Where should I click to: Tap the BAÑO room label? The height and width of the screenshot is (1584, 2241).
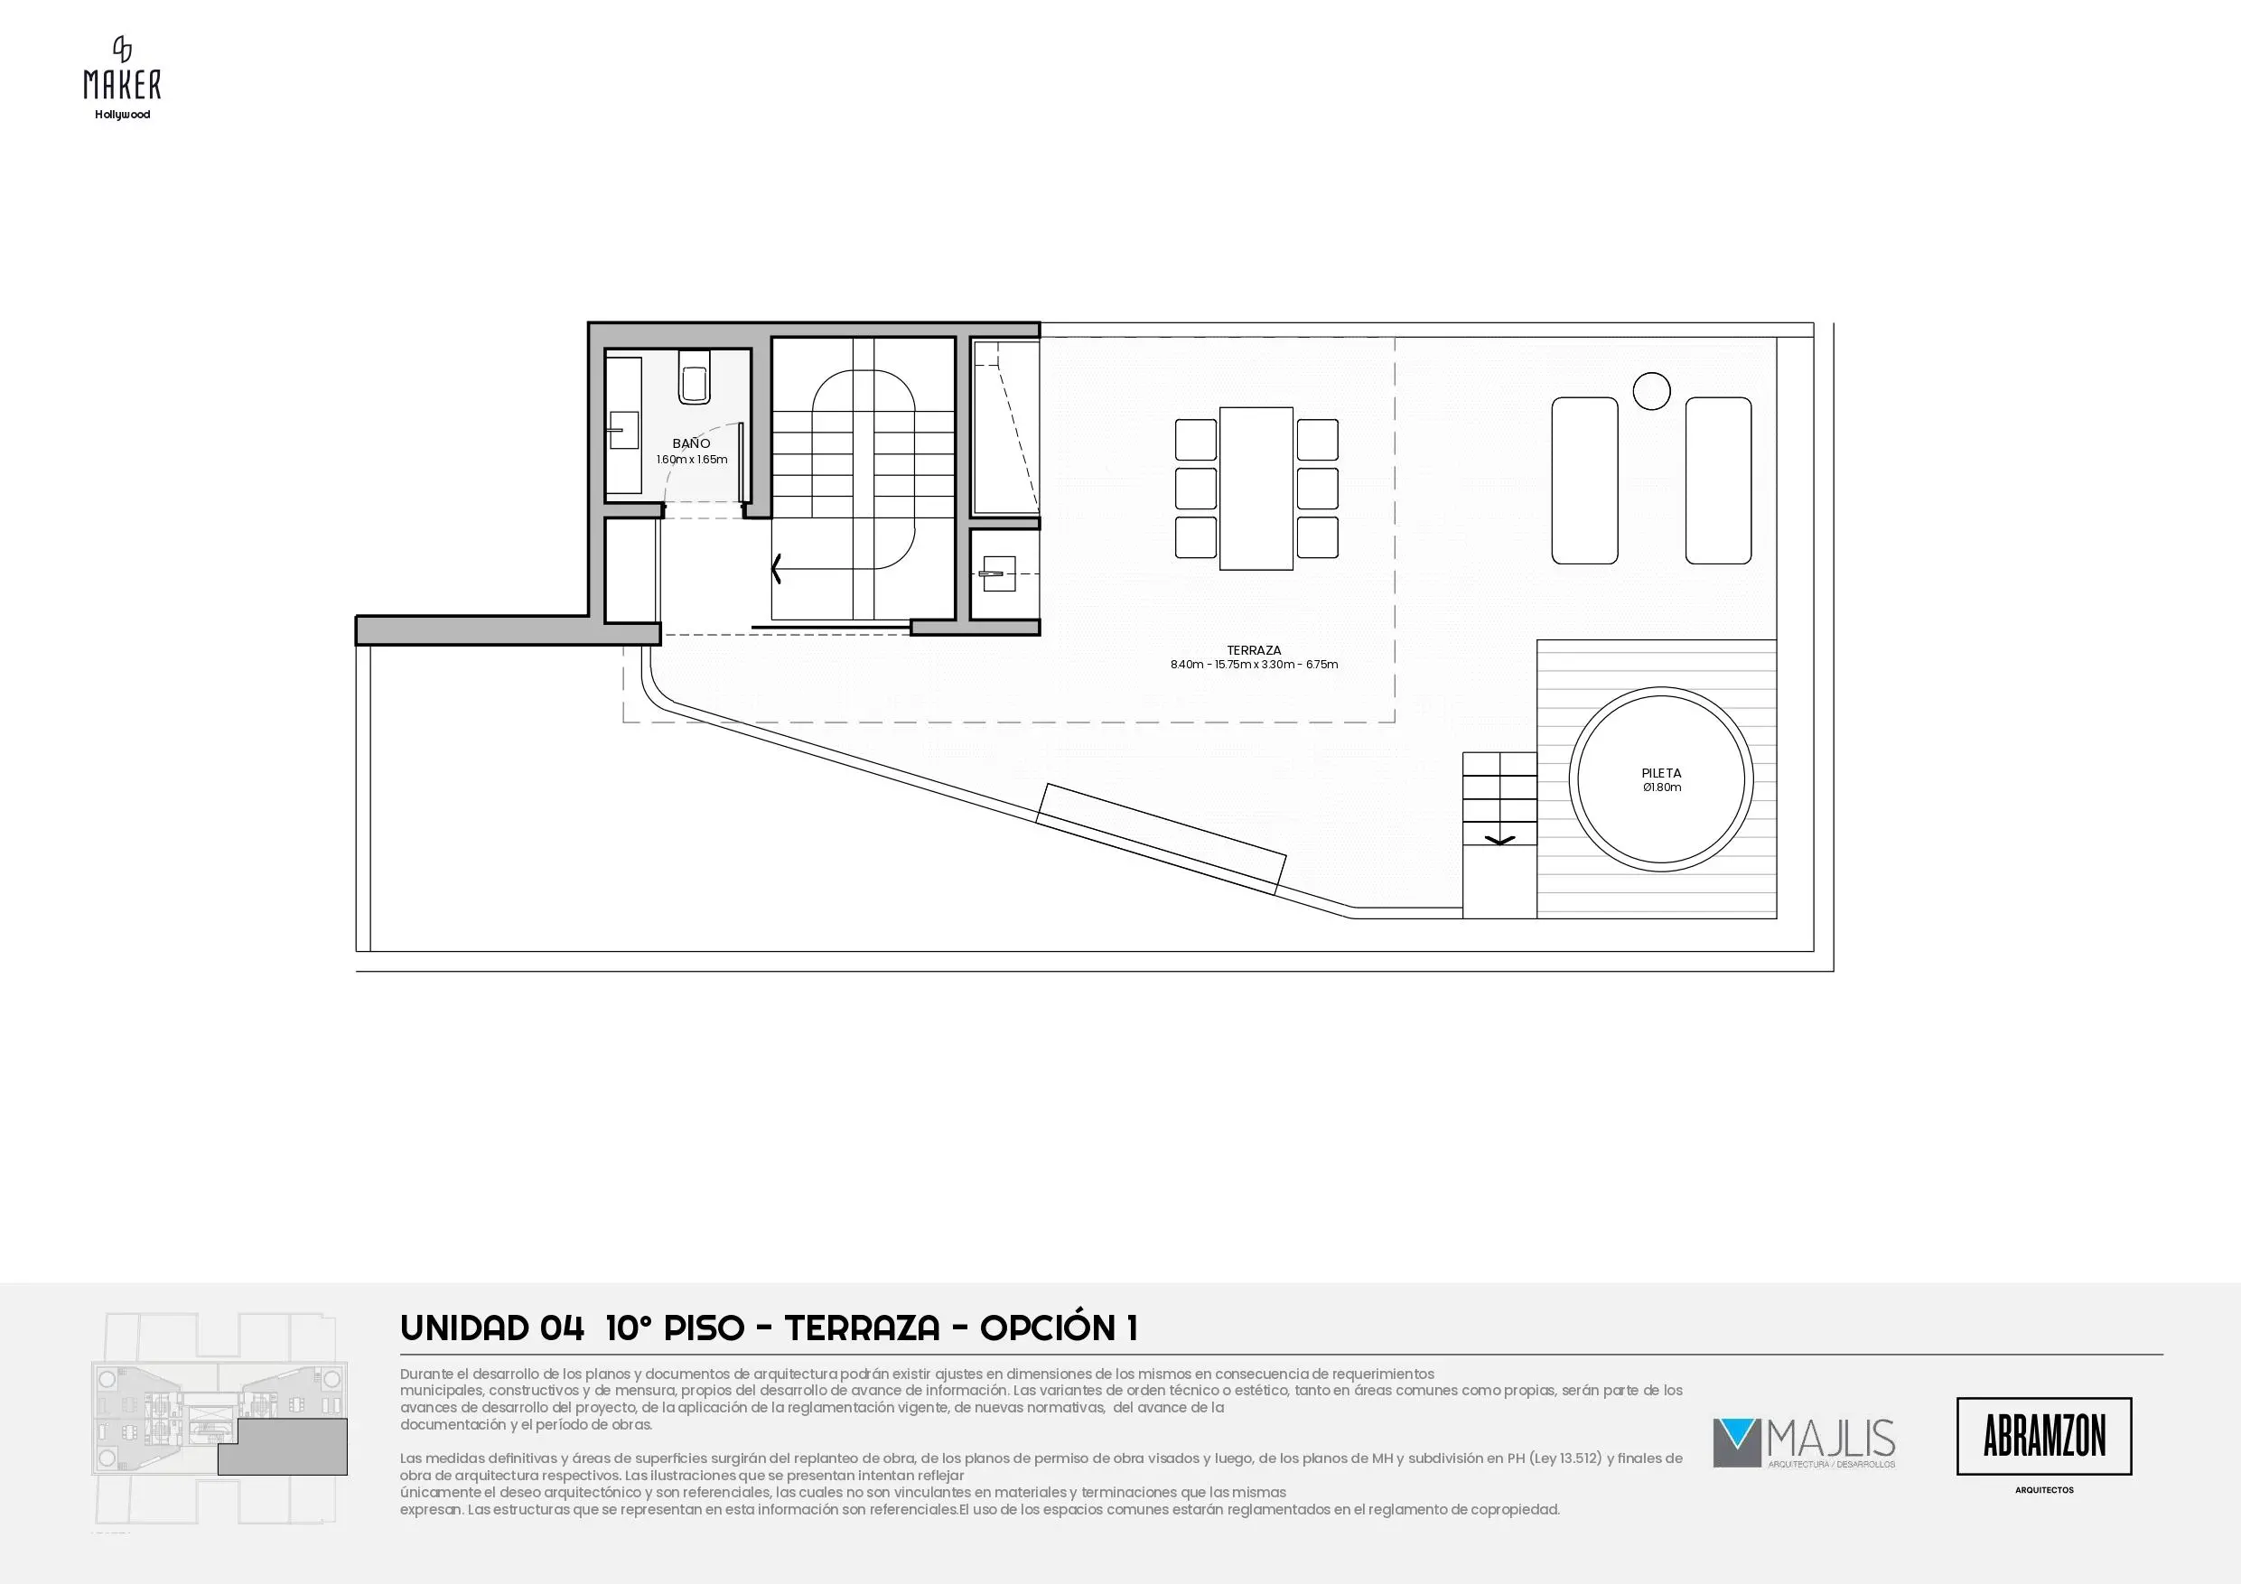691,444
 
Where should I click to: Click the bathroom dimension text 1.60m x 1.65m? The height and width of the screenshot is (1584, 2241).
691,460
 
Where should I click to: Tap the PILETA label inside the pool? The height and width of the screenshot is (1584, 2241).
1661,774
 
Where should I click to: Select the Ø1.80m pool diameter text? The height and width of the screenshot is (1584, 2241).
1661,787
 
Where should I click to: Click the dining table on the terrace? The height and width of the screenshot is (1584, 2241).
1256,488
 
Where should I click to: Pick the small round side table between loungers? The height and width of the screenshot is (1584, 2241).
1651,391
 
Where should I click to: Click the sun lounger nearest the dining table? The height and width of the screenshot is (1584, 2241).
1585,480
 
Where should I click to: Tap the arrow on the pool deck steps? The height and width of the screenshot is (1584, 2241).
1500,839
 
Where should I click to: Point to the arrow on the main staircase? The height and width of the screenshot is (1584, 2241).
777,568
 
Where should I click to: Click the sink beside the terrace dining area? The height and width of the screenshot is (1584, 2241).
996,573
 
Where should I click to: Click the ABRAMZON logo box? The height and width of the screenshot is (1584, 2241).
2044,1436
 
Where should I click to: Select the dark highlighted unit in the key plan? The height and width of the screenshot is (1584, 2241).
282,1447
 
